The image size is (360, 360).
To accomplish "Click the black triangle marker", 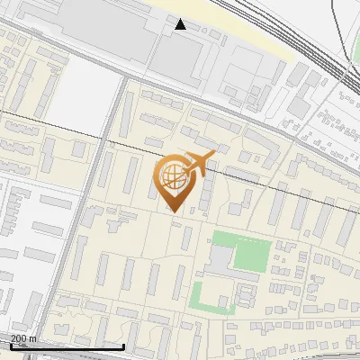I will tap(181, 24).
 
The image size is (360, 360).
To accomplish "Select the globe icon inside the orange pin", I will tap(171, 176).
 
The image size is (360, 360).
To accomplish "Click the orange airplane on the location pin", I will tap(200, 163).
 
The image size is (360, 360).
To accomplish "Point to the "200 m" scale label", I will tap(23, 338).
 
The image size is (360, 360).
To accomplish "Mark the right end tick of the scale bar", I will tap(123, 345).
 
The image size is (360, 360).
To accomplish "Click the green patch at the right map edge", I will tap(353, 91).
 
